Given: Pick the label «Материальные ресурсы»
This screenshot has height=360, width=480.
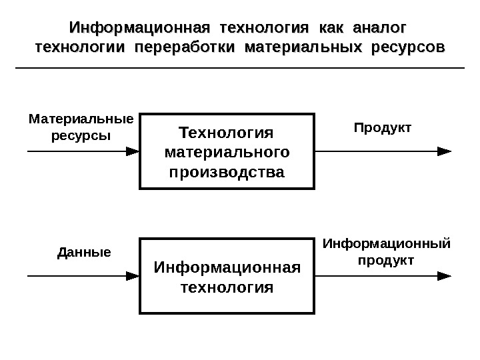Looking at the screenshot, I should [81, 127].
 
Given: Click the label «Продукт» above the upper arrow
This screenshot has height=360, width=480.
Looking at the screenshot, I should [383, 127].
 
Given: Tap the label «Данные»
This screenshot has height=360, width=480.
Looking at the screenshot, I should [83, 253].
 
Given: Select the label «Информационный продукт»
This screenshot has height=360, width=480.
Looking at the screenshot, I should [386, 251].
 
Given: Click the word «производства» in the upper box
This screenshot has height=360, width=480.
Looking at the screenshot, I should [227, 173].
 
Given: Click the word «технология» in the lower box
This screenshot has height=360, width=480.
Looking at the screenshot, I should [227, 287].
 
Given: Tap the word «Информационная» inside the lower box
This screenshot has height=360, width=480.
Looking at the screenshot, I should [227, 267].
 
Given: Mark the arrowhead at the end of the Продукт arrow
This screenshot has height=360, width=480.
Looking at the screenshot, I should [444, 151].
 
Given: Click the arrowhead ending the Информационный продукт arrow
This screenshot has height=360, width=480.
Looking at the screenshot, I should [444, 275].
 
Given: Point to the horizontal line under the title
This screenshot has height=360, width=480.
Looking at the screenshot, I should [239, 68].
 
